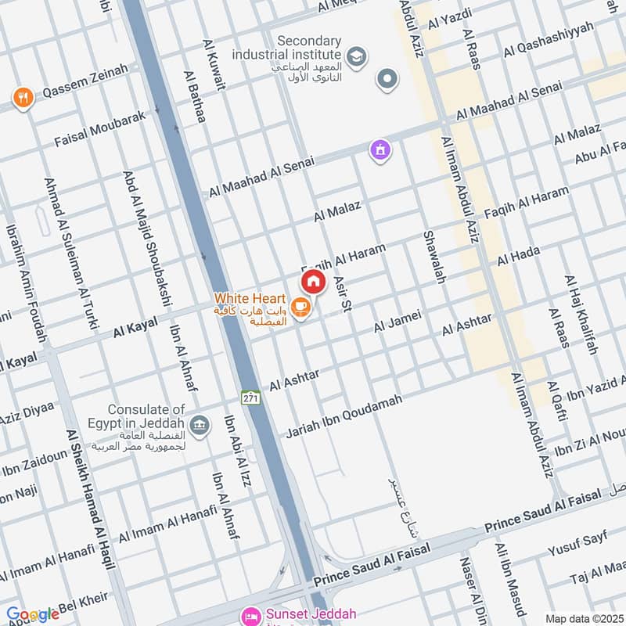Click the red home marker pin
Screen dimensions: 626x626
click(x=313, y=282)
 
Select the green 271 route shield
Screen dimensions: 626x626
click(x=250, y=397)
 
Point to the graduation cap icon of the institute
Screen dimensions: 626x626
click(x=356, y=57)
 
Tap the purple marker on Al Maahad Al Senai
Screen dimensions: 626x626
click(x=380, y=149)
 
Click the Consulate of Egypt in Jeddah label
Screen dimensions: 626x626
click(x=146, y=416)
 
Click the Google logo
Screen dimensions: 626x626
click(x=33, y=613)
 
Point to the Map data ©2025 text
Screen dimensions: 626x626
click(x=583, y=618)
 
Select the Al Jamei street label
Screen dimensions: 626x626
click(x=398, y=320)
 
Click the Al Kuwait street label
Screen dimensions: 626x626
click(x=213, y=67)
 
